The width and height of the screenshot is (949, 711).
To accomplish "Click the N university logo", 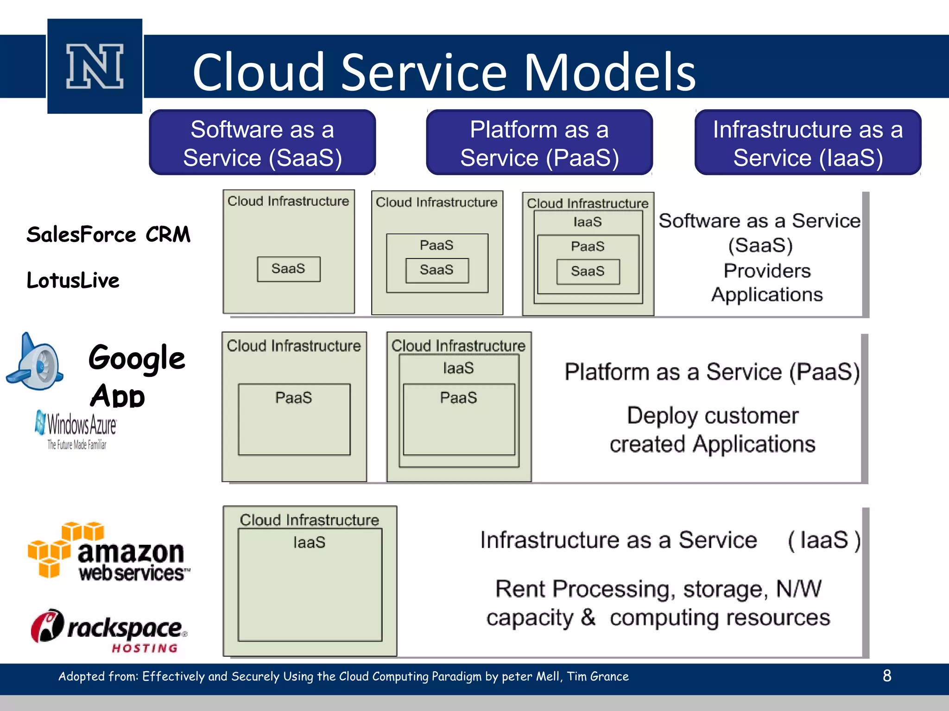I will (x=95, y=66).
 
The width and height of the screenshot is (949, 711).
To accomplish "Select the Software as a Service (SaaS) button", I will (x=262, y=143).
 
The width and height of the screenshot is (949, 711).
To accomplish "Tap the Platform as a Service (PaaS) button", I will (x=539, y=143).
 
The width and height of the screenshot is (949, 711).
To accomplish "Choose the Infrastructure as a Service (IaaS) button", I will (x=808, y=143).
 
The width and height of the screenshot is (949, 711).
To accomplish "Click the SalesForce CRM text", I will (x=108, y=235).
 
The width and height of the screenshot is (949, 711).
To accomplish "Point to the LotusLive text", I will (x=73, y=281).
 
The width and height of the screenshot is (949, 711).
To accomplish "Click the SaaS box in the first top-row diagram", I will (x=289, y=269).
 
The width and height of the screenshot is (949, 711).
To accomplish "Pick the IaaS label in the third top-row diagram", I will (x=588, y=222).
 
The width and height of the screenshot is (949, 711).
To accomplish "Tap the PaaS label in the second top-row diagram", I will (x=437, y=245).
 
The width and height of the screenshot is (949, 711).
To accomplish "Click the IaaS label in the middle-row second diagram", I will (x=458, y=368).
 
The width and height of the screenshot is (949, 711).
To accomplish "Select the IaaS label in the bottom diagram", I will (x=309, y=543).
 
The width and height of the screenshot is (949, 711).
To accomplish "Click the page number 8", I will (x=887, y=676).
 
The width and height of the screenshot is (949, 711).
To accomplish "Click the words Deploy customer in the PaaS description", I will (x=712, y=415).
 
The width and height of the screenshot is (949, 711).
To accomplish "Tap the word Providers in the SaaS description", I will (x=767, y=271).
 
